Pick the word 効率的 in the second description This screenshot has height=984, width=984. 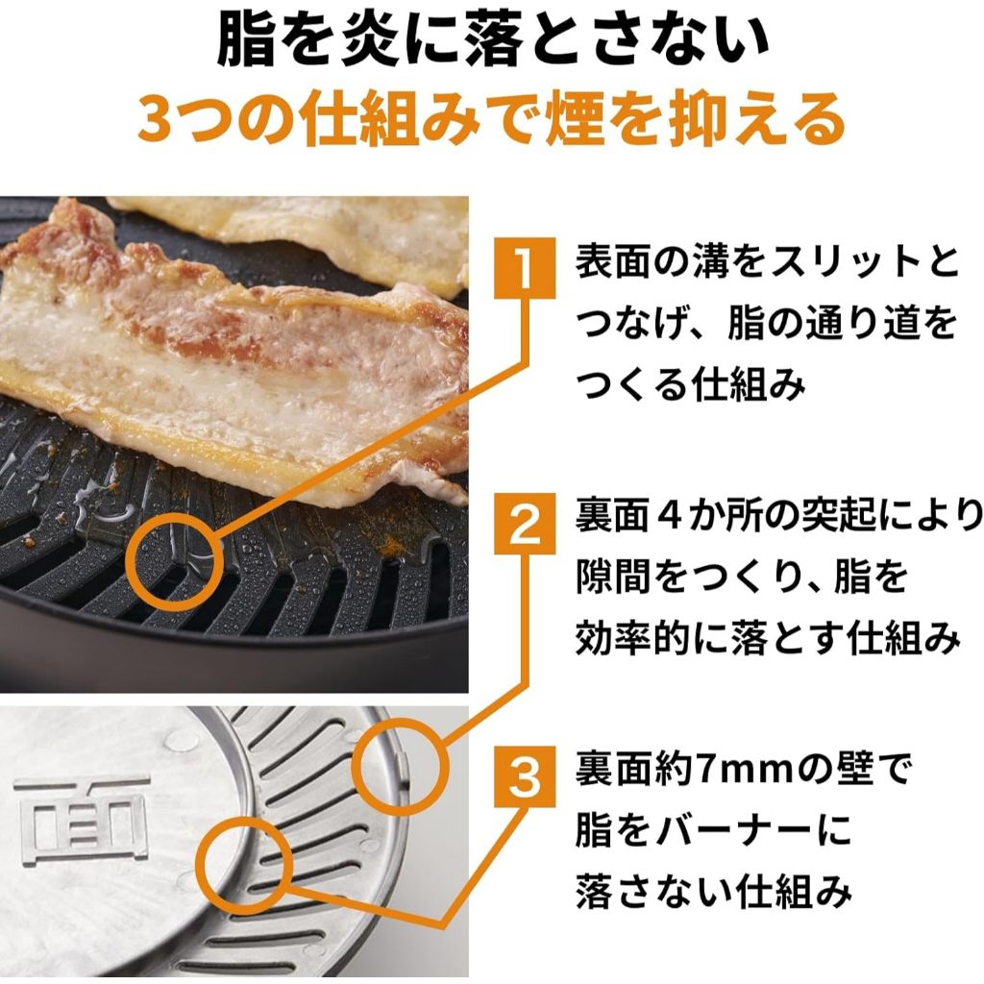coord(631,638)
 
